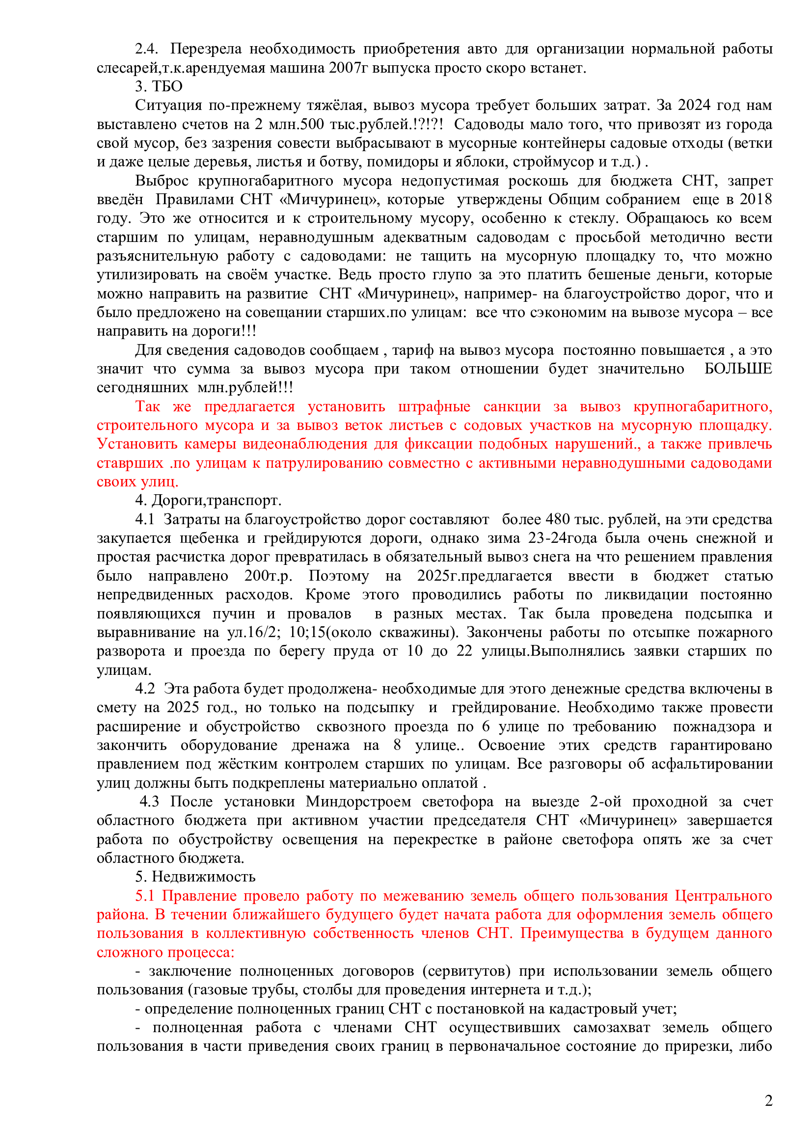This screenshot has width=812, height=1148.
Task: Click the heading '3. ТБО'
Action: (159, 86)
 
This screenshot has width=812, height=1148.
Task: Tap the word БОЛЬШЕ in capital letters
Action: (738, 369)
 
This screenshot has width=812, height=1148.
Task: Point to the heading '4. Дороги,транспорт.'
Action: (208, 501)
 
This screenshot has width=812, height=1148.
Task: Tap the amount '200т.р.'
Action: (268, 576)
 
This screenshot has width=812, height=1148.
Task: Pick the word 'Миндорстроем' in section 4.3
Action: (358, 801)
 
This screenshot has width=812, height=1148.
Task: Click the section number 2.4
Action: (146, 49)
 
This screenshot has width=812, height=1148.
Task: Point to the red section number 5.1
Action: (145, 896)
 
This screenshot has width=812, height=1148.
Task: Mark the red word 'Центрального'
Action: (723, 896)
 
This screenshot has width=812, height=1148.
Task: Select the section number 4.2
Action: (145, 689)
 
